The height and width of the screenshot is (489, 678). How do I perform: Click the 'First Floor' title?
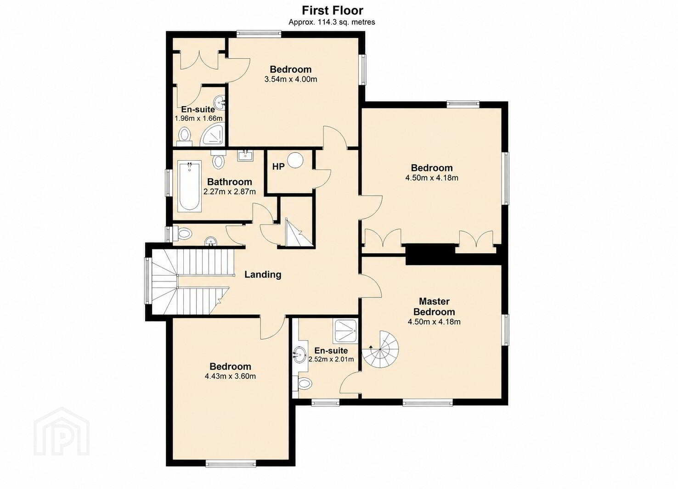click(333, 11)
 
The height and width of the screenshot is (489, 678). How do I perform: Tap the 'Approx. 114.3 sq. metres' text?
click(332, 22)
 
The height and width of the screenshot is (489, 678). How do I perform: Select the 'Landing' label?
click(263, 275)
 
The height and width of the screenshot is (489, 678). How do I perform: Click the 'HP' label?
click(278, 166)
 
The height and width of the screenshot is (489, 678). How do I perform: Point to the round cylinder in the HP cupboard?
click(295, 160)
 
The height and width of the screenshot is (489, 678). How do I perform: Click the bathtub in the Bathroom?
click(190, 186)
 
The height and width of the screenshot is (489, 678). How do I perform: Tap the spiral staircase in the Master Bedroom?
click(381, 349)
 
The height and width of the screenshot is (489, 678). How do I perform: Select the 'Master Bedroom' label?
click(434, 306)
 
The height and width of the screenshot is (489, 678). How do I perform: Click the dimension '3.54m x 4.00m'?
click(291, 79)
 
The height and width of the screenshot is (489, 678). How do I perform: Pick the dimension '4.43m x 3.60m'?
click(230, 376)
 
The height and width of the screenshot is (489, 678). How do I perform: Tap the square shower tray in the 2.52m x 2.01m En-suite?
click(345, 331)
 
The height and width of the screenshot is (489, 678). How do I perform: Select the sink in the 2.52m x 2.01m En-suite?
click(299, 354)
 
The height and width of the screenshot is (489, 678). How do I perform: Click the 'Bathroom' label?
click(229, 182)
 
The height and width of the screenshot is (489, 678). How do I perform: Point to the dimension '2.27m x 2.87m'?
click(229, 191)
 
